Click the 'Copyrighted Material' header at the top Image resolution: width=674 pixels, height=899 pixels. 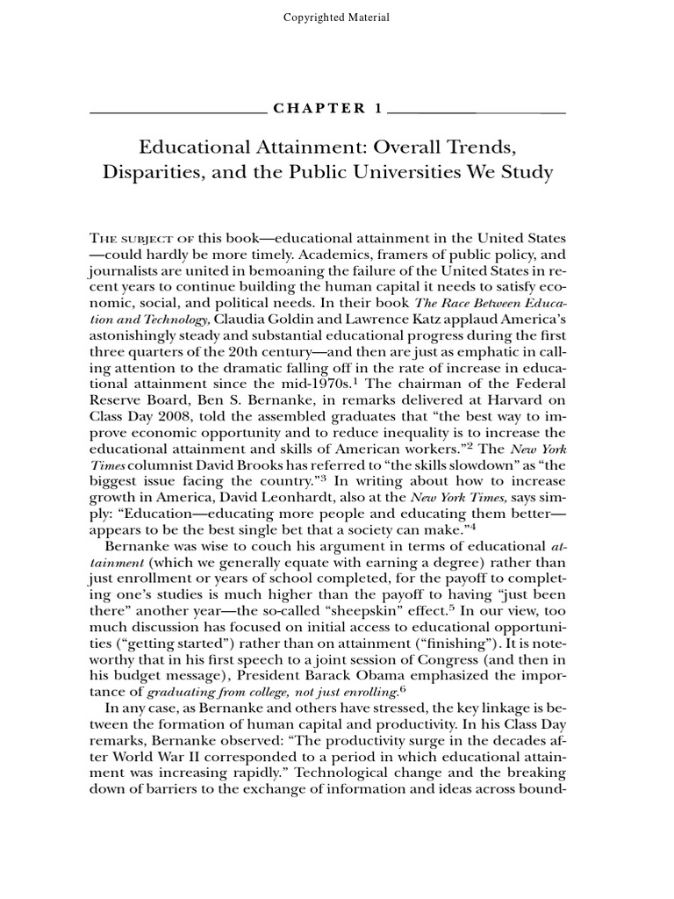tap(337, 18)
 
